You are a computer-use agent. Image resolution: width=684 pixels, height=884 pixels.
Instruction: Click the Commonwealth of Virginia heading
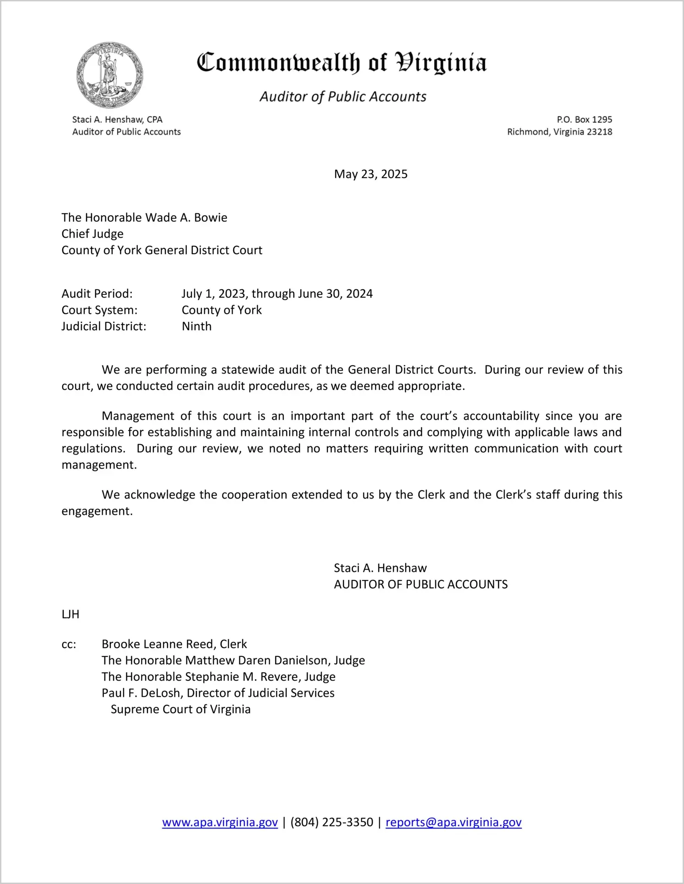coord(342,63)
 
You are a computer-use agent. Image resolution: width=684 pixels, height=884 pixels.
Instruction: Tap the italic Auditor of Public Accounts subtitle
coord(343,97)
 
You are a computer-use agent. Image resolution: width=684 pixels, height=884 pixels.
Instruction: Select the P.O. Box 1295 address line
coord(584,119)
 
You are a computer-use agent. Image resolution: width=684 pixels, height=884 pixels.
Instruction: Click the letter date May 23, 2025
coord(370,174)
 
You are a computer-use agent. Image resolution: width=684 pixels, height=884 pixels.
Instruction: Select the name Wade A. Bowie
coord(186,217)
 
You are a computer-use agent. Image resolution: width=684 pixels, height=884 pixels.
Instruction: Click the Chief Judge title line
coord(92,234)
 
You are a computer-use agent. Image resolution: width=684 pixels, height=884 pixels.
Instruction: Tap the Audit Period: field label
coord(97,293)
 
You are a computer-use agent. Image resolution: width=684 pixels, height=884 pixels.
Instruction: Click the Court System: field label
coord(99,310)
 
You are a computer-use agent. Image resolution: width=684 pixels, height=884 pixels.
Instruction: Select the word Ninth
coord(196,326)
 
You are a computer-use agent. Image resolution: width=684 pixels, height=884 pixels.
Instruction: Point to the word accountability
coord(501,416)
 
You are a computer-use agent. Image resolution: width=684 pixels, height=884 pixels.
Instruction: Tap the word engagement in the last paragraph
coord(97,511)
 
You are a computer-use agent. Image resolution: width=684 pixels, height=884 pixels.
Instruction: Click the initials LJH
coord(71,614)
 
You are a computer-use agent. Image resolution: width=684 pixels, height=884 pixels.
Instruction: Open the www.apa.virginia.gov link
coord(220,822)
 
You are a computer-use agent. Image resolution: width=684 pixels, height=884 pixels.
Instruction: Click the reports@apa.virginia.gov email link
coord(453,822)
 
